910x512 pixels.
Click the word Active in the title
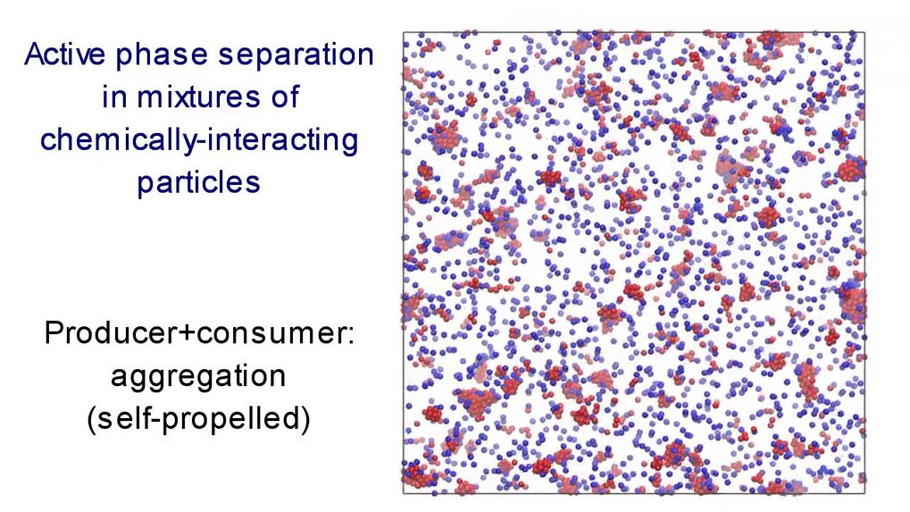pyautogui.click(x=64, y=54)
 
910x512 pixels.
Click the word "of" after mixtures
pyautogui.click(x=284, y=97)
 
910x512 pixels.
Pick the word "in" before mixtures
pyautogui.click(x=113, y=97)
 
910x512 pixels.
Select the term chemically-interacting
pyautogui.click(x=199, y=141)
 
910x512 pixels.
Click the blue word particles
pyautogui.click(x=198, y=182)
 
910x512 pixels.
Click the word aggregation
pyautogui.click(x=198, y=377)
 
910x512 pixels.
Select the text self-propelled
pyautogui.click(x=198, y=419)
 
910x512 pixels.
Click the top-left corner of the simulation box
pyautogui.click(x=404, y=32)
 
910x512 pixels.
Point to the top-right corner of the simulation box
pyautogui.click(x=864, y=32)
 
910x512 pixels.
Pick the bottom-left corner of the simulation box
pyautogui.click(x=404, y=493)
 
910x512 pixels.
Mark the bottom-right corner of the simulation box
pyautogui.click(x=864, y=493)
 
